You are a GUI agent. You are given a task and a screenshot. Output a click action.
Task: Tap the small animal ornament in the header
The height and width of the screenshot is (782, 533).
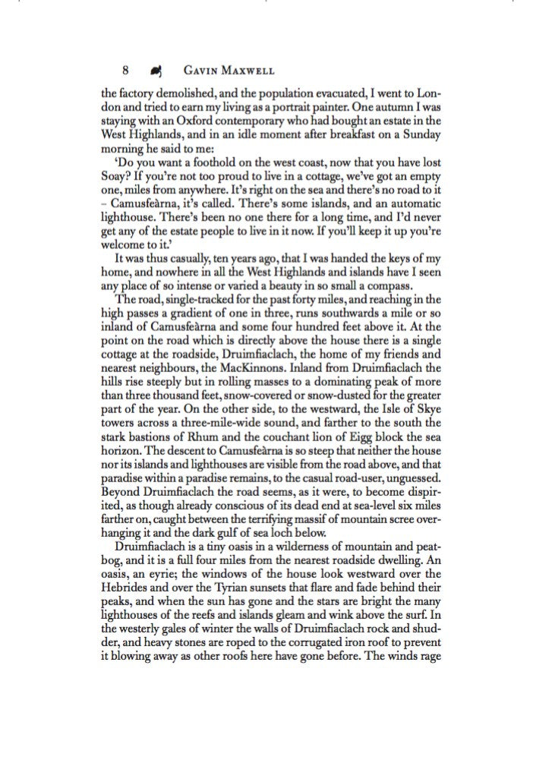(156, 71)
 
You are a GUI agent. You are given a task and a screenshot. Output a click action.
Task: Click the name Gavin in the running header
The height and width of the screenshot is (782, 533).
(200, 71)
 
